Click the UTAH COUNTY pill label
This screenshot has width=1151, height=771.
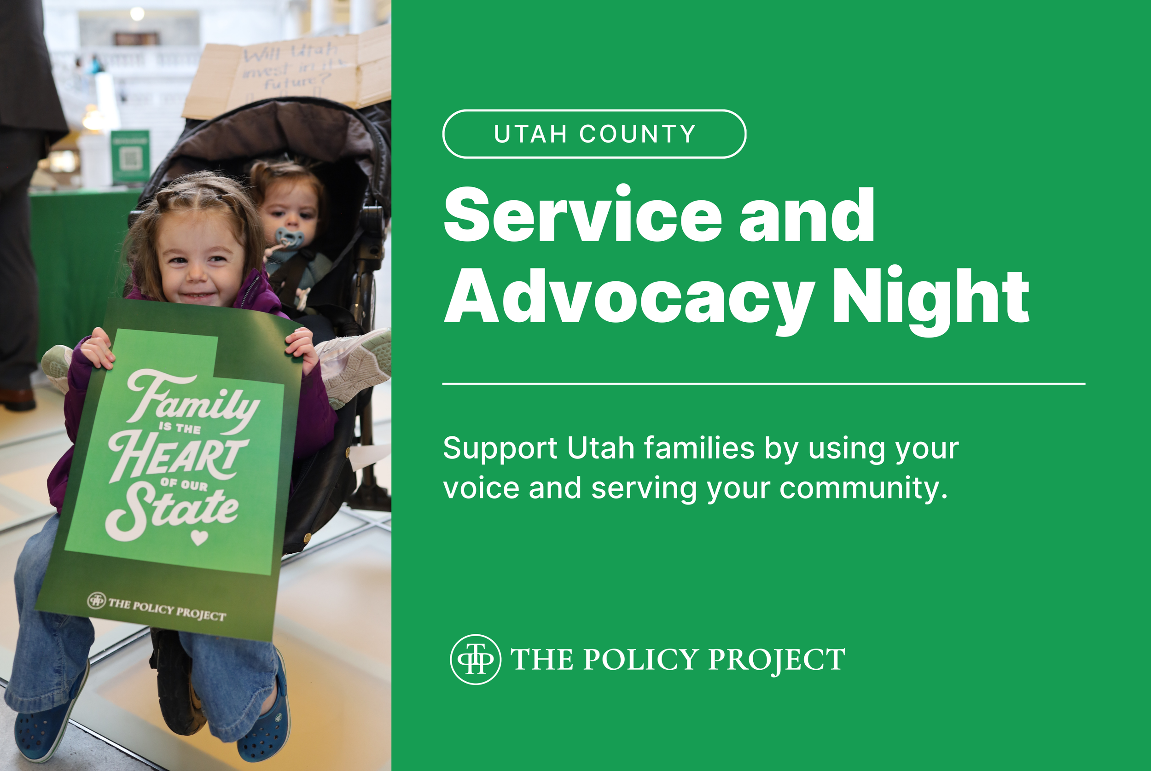coord(594,134)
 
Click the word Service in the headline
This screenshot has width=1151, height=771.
coord(582,215)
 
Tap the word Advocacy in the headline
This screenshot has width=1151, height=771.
coord(629,297)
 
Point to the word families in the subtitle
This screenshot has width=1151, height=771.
coord(699,448)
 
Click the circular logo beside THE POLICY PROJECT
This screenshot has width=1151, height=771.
coord(476,660)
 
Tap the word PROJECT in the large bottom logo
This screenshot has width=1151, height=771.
coord(776,660)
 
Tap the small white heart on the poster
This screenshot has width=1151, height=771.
coord(199,538)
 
